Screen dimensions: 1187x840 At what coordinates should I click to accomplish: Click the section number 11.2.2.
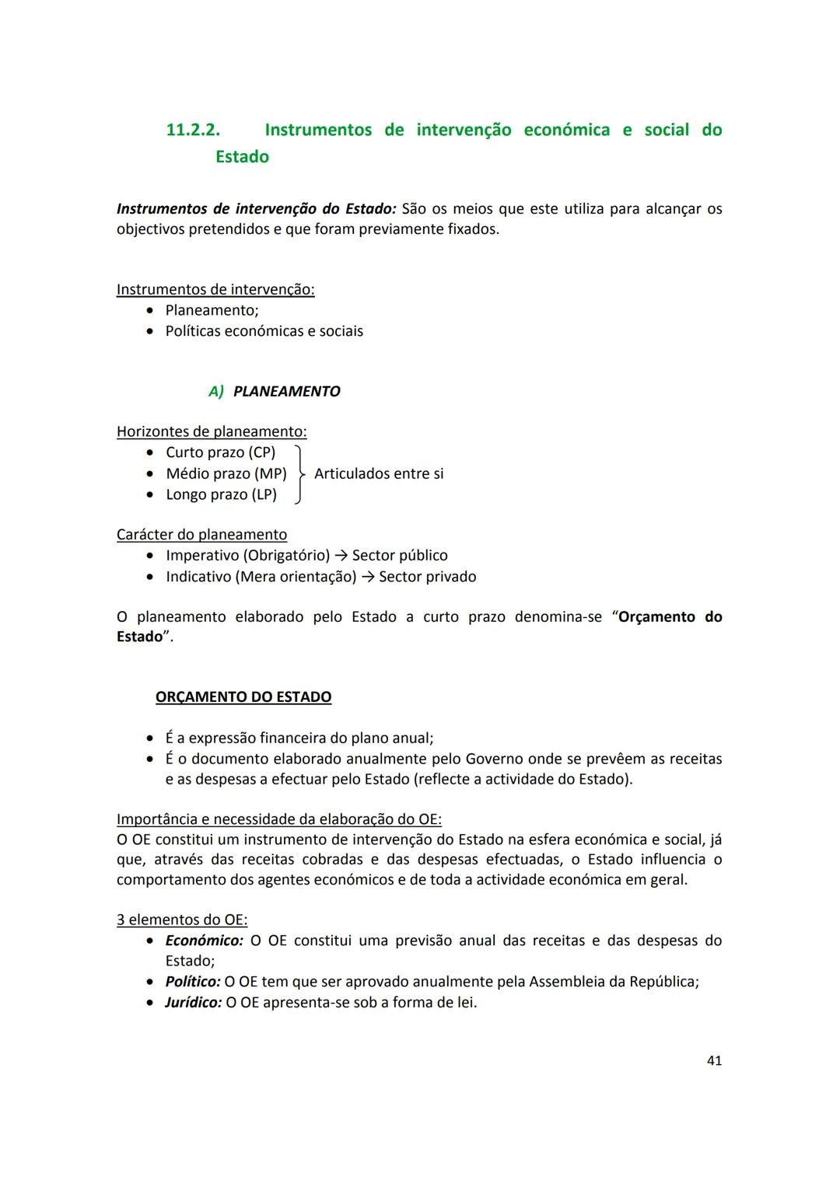point(193,130)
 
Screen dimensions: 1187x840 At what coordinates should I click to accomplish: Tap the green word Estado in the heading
point(242,157)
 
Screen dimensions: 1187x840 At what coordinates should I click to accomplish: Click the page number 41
point(714,1060)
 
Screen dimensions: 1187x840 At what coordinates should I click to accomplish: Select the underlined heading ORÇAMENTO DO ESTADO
point(243,697)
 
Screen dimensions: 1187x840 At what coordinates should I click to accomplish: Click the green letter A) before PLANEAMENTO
point(215,392)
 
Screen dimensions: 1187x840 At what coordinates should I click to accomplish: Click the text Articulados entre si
point(379,473)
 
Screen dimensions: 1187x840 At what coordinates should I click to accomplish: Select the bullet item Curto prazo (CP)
point(220,452)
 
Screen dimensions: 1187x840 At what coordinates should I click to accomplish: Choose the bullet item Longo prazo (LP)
point(221,494)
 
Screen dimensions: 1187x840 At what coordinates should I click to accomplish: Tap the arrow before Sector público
point(341,556)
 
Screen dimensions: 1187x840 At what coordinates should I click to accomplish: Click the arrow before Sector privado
point(367,577)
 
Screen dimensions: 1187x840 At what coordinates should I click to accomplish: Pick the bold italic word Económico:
point(204,941)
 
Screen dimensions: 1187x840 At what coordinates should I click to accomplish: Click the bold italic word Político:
point(193,982)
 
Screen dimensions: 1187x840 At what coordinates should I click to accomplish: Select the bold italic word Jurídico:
point(194,1003)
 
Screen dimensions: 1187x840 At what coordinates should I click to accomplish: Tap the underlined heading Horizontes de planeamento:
point(212,431)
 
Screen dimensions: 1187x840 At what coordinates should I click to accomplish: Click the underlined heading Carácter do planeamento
point(201,535)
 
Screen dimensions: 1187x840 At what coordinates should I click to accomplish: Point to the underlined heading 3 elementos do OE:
point(182,920)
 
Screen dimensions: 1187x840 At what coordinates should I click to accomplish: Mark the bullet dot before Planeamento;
point(150,311)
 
